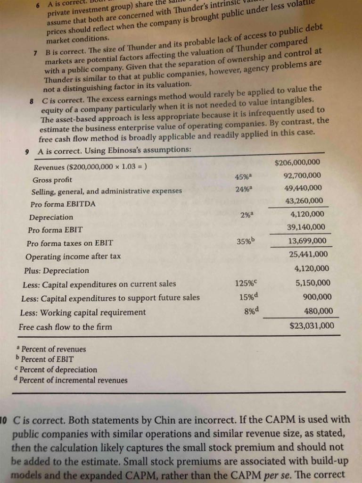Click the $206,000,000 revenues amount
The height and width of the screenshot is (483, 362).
point(297,163)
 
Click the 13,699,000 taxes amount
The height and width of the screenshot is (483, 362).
point(307,241)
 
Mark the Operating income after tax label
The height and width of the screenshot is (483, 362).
point(73,257)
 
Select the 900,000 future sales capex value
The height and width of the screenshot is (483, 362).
point(317,297)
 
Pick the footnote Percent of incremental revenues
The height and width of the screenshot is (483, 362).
point(73,380)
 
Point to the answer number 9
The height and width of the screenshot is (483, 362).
point(27,151)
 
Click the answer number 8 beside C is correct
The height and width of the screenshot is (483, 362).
point(32,89)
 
